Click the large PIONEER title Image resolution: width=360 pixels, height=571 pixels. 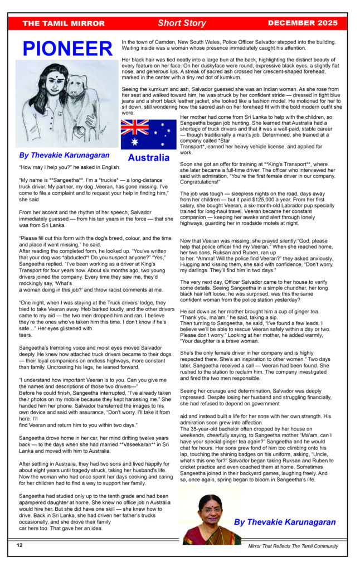tap(67, 49)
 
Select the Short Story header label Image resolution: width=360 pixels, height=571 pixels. tap(182, 23)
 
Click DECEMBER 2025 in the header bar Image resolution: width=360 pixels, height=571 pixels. tap(303, 23)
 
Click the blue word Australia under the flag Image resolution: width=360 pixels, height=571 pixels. tap(148, 158)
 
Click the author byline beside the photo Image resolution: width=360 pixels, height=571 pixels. tap(285, 522)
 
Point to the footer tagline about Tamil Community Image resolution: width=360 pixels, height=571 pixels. tap(293, 546)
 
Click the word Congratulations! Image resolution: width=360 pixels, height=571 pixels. tap(201, 182)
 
